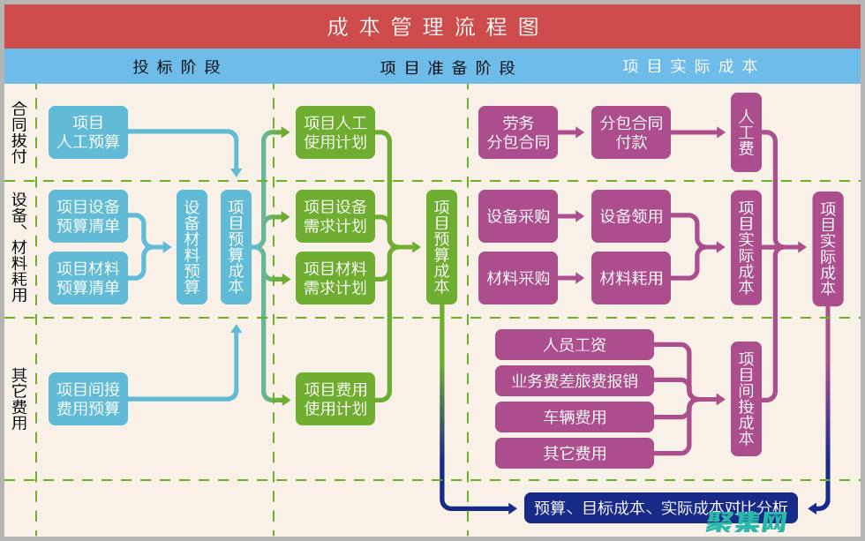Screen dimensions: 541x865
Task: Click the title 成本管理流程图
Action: tap(432, 26)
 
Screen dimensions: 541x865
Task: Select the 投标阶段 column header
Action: tap(177, 66)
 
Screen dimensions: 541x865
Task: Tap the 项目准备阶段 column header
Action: tap(448, 67)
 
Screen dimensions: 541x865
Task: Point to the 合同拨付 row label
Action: tap(19, 132)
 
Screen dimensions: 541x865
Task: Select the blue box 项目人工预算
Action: tap(88, 132)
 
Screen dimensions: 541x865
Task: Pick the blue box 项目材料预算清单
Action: tap(88, 278)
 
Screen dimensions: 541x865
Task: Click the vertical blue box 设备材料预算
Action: tap(192, 247)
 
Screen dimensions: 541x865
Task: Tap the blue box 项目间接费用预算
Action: tap(88, 398)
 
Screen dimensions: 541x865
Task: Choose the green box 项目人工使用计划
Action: tap(335, 132)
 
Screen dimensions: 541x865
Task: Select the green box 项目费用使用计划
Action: tap(335, 398)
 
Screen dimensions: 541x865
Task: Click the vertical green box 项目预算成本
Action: tap(441, 247)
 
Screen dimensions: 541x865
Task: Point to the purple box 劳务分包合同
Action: tap(518, 132)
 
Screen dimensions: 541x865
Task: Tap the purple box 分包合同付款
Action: tap(631, 132)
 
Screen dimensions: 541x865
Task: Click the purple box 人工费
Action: tap(746, 132)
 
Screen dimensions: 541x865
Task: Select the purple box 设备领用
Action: tap(631, 216)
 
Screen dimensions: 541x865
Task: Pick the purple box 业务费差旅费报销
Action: tap(575, 381)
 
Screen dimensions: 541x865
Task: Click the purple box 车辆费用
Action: tap(575, 417)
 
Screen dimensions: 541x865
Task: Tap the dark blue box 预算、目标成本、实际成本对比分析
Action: tap(661, 507)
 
